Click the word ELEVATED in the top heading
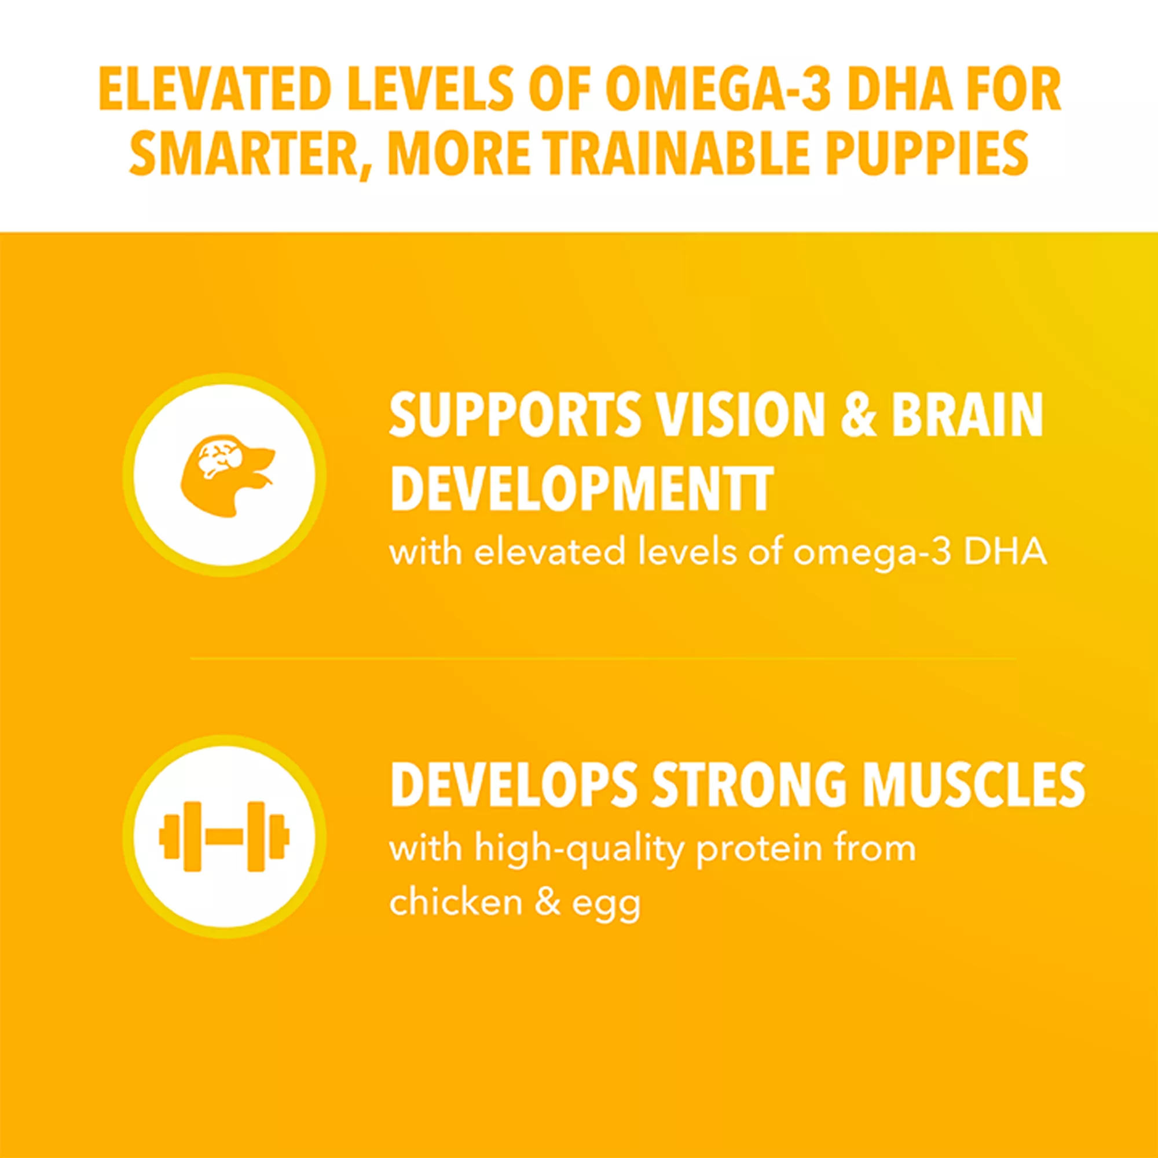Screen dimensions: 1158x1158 click(x=215, y=90)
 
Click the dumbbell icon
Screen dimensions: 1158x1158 click(x=224, y=836)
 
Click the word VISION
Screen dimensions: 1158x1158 click(x=741, y=415)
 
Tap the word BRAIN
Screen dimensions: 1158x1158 click(x=968, y=415)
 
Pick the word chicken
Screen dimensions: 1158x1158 click(x=456, y=902)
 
